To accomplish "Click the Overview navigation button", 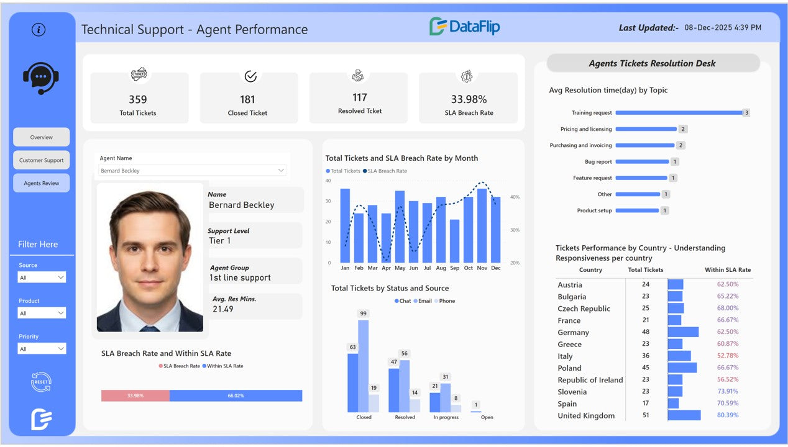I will pos(42,137).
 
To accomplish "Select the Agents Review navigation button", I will pos(42,183).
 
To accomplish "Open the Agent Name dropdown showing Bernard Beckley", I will pos(193,171).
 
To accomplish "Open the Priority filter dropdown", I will pos(42,349).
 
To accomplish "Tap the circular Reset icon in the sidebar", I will pos(41,382).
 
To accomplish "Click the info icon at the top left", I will pos(39,29).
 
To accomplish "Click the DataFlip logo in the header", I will pos(465,27).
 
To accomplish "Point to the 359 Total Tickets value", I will pos(138,99).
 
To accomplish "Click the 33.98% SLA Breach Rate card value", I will pos(469,99).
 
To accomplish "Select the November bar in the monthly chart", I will pos(482,225).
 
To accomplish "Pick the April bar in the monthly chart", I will pos(387,238).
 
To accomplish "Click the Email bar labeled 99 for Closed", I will pos(364,366).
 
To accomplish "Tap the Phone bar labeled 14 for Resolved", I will pos(415,405).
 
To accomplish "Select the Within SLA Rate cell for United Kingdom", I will pos(728,415).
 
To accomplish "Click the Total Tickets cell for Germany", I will pos(646,332).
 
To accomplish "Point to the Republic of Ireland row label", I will pos(590,380).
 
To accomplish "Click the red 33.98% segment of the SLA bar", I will pos(135,395).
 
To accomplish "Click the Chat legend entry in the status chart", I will pos(402,301).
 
